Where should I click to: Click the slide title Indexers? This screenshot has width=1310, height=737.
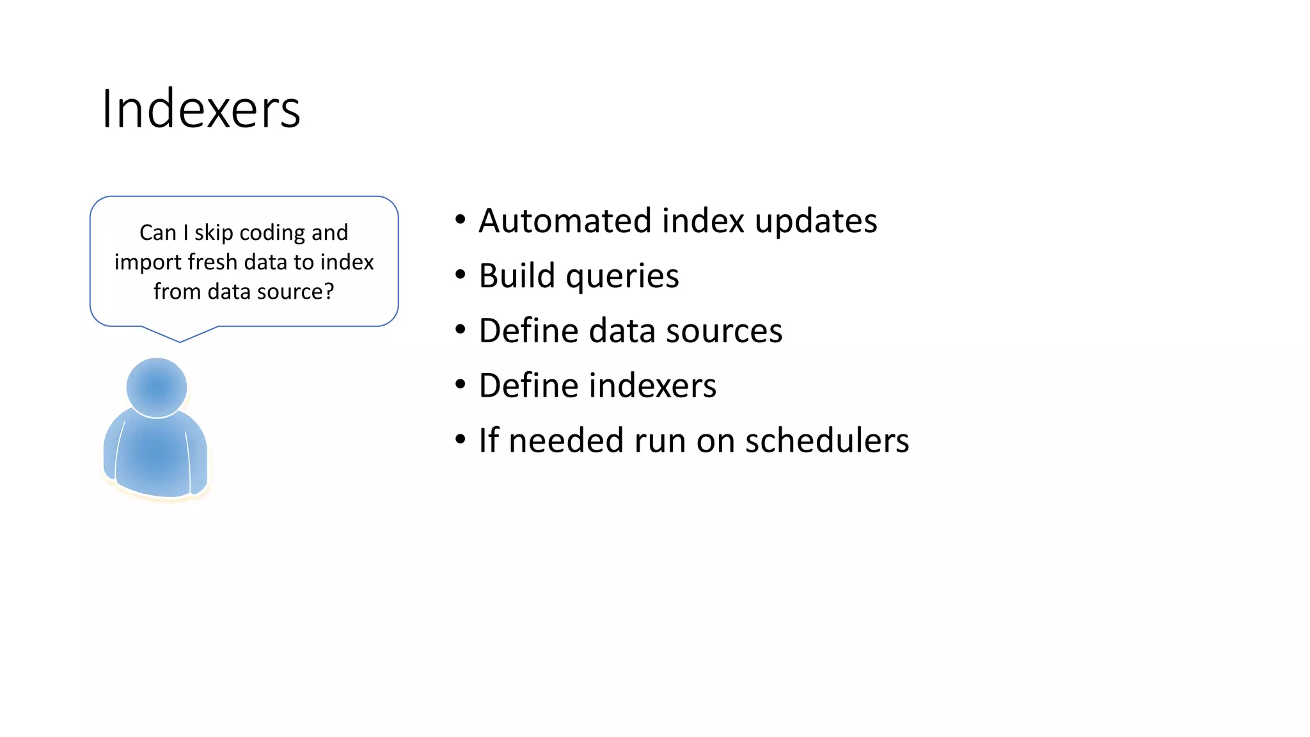[x=201, y=109]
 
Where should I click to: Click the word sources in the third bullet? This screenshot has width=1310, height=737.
[x=723, y=331]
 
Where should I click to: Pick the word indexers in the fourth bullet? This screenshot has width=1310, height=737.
[x=652, y=386]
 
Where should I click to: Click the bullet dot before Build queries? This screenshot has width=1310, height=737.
[x=461, y=275]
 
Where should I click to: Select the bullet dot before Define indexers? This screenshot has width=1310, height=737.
[x=461, y=385]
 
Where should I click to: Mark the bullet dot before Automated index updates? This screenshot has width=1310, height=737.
[x=461, y=220]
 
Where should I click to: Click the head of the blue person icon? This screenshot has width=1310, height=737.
[x=157, y=387]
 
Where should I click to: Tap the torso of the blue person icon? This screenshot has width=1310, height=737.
[x=155, y=454]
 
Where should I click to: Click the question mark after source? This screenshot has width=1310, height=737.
[x=329, y=292]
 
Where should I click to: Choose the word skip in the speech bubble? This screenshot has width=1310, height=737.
[x=214, y=233]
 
